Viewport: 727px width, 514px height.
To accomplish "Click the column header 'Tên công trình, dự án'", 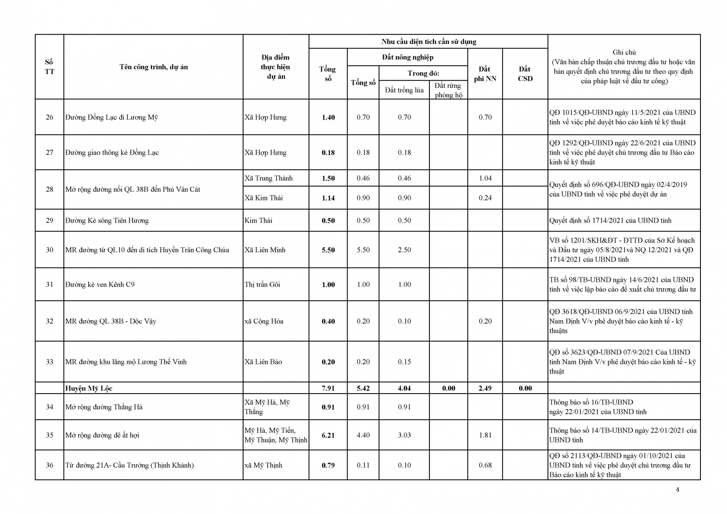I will (153, 67).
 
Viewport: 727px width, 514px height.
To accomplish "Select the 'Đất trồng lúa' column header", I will (404, 90).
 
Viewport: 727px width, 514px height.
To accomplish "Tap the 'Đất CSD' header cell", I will (525, 74).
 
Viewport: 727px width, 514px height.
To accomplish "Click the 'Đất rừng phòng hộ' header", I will (448, 90).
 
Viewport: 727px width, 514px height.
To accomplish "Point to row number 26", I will (50, 117).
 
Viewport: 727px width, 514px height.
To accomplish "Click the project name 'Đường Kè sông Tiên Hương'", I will (107, 220).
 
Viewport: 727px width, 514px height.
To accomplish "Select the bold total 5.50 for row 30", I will (328, 250).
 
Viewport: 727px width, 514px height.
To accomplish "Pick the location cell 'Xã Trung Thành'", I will (268, 178).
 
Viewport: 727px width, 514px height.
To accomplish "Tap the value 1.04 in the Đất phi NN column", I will (485, 178).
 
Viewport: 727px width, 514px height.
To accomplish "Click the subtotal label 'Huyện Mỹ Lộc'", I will (89, 388).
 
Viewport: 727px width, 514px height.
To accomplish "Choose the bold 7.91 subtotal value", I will (328, 388).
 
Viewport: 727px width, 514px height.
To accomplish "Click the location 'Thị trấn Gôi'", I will (262, 284).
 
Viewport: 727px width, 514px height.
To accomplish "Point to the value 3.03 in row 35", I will (404, 435).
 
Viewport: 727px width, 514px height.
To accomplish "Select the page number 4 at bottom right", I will (677, 490).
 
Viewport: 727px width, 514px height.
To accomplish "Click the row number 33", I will (50, 362).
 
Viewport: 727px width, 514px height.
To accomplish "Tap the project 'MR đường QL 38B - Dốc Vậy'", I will (111, 321).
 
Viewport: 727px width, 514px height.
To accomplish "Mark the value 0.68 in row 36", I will (485, 465).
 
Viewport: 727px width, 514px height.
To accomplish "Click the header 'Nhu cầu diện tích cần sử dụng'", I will (429, 42).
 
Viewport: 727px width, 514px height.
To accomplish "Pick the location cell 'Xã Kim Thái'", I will (264, 198).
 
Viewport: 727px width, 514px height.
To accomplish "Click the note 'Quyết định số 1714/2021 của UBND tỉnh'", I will (610, 220).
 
